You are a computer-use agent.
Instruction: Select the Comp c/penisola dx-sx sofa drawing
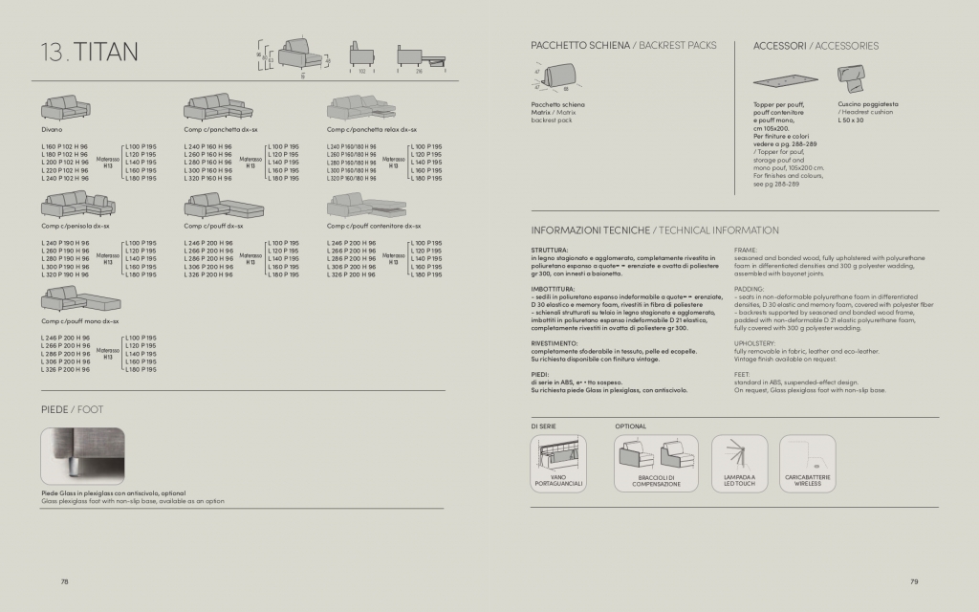coord(76,205)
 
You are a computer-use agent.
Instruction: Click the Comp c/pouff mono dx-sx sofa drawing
coord(76,298)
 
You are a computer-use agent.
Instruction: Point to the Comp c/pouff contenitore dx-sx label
coord(373,227)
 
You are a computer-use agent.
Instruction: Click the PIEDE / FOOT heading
coord(72,408)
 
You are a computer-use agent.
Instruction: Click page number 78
coord(65,580)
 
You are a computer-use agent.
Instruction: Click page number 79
coord(913,580)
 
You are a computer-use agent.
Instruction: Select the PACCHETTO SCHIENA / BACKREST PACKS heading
coord(620,46)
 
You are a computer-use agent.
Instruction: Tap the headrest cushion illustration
coord(851,76)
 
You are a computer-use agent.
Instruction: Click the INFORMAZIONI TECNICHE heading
coord(590,230)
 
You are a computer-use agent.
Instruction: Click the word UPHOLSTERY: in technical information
coord(755,341)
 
